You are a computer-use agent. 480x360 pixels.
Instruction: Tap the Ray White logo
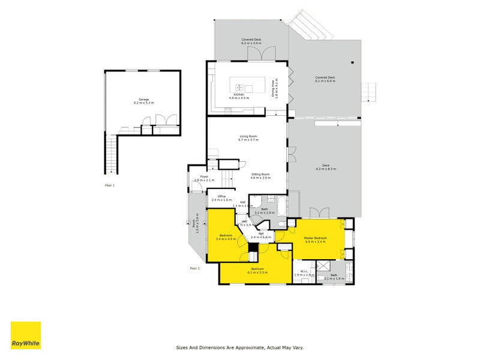[26, 335]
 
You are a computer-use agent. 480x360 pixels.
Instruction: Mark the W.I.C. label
[304, 273]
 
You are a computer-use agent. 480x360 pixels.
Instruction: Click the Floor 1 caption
[110, 185]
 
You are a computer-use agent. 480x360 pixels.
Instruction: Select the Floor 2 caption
[194, 268]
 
